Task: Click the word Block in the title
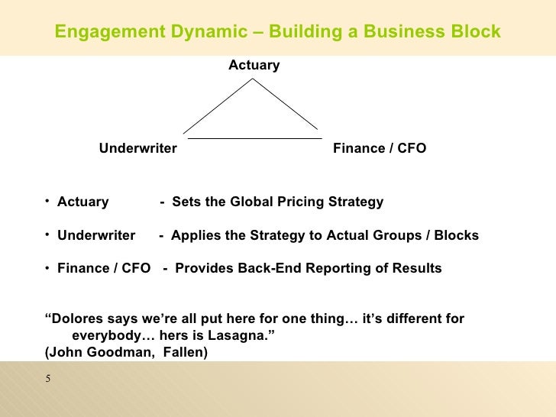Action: (x=474, y=32)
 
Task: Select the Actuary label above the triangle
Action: (x=254, y=66)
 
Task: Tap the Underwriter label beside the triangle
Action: (x=138, y=148)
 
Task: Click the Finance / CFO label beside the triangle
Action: (x=380, y=148)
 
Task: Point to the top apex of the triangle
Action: (x=254, y=79)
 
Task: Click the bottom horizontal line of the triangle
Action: (x=254, y=138)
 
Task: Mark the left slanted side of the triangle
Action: (x=218, y=107)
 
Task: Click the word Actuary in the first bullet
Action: (x=82, y=202)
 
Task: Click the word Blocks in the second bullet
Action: (x=456, y=235)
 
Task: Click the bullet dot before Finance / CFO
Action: (x=47, y=268)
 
